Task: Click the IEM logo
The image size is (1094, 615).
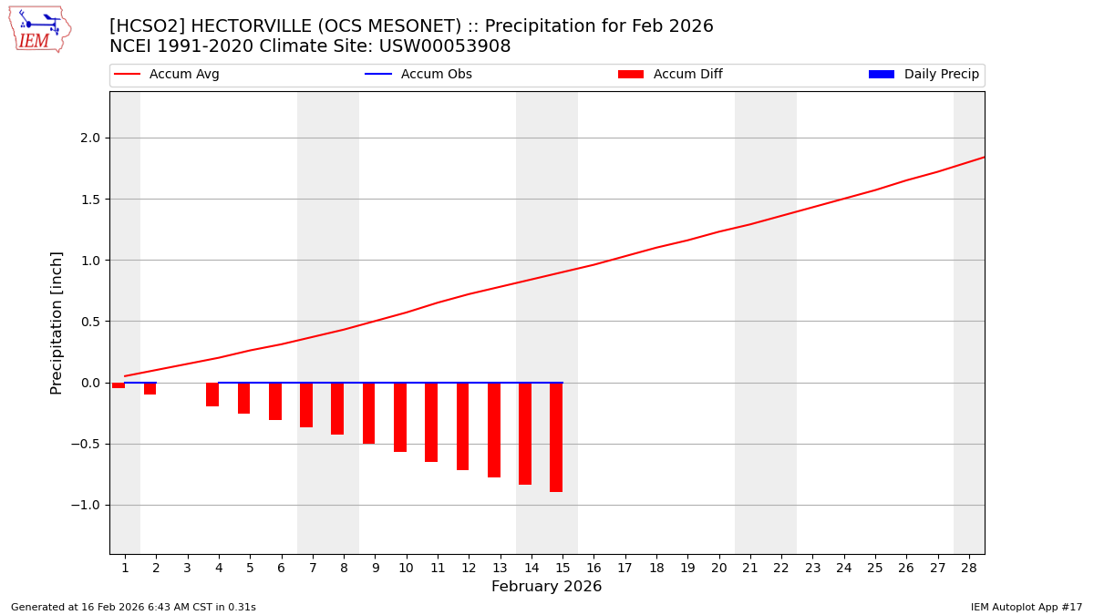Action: [x=39, y=29]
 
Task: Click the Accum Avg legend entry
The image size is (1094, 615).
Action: [x=183, y=75]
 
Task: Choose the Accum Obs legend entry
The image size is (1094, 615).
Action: [x=436, y=75]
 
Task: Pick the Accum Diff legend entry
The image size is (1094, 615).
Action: [x=687, y=75]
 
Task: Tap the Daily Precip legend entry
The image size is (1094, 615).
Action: [x=941, y=75]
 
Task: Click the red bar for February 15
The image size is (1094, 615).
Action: [x=556, y=437]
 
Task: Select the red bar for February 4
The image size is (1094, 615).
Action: [x=212, y=395]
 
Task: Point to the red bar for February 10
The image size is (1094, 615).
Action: [x=400, y=417]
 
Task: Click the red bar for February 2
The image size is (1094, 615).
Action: [x=150, y=388]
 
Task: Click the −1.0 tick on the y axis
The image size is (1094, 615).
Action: [x=88, y=505]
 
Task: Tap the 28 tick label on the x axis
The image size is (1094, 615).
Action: [x=968, y=568]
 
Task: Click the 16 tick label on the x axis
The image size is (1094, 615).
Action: [x=593, y=568]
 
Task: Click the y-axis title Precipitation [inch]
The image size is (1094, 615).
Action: [x=57, y=323]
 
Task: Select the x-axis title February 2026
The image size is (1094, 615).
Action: [x=546, y=587]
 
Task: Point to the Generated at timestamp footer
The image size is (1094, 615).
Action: [x=133, y=608]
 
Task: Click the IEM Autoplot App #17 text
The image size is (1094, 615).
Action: [x=1027, y=608]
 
